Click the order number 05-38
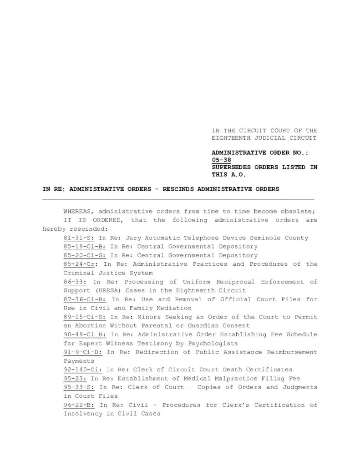(x=221, y=160)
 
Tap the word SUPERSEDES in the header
(x=231, y=167)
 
